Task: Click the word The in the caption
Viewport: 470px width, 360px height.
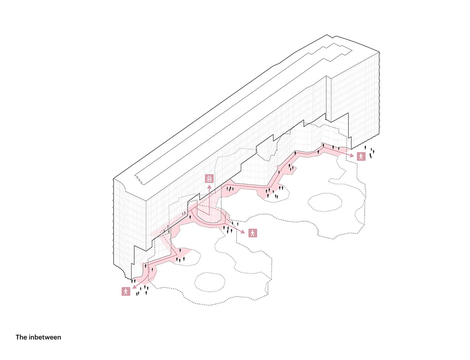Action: (21, 337)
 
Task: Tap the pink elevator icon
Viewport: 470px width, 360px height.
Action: (209, 178)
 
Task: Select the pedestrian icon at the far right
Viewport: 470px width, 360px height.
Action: (361, 156)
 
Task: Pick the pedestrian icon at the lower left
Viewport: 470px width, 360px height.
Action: (126, 291)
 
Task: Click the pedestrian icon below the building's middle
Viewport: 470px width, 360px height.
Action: (253, 233)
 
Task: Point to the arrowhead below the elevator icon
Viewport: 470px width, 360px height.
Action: (209, 187)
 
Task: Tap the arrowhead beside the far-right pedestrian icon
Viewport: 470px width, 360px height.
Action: (352, 155)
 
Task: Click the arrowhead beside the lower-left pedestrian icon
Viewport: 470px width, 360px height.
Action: (134, 286)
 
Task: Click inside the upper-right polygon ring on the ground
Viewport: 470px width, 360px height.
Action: (325, 202)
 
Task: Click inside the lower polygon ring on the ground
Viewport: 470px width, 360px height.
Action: (210, 282)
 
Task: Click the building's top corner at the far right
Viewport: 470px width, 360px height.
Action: (379, 52)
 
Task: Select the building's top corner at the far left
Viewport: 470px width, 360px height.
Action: (114, 179)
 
